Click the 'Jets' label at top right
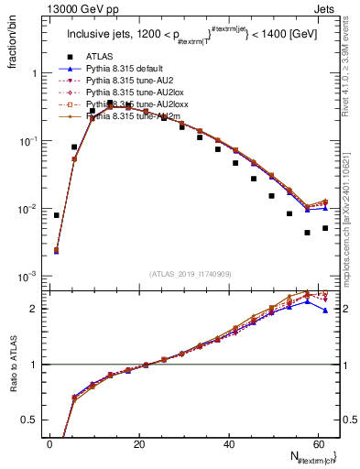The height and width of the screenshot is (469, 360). [x=327, y=8]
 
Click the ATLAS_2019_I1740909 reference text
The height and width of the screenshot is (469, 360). [x=191, y=274]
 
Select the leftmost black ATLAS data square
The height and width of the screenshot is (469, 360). [x=57, y=215]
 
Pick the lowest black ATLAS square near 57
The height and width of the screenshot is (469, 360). [x=307, y=233]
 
